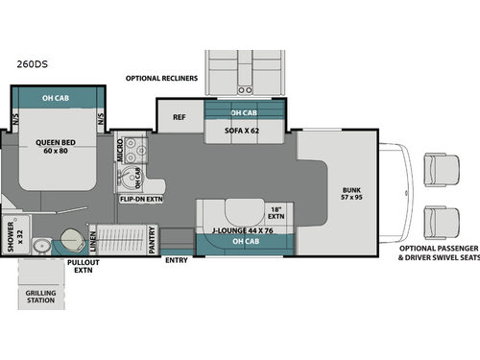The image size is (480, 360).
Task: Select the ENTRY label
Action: tap(177, 260)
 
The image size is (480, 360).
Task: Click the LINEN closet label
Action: tap(91, 238)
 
